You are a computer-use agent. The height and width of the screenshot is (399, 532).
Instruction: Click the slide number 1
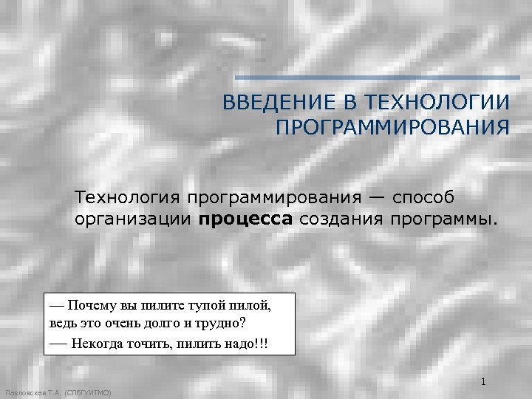(482, 382)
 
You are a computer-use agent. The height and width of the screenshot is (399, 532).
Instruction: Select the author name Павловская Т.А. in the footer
(33, 393)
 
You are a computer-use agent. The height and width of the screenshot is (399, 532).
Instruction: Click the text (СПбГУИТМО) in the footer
(89, 393)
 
